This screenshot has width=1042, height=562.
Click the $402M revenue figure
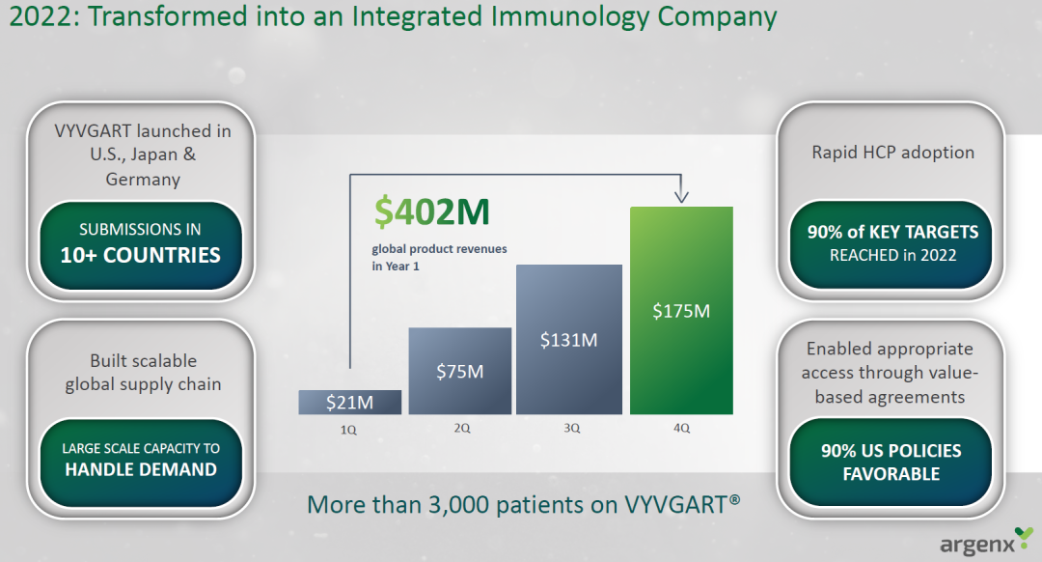432,211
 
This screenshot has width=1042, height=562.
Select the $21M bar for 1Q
349,403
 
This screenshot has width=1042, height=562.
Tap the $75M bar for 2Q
460,371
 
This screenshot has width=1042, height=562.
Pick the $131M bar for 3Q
569,340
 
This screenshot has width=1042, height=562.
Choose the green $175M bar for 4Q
681,311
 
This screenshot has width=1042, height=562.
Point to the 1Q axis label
348,430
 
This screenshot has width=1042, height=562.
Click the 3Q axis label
571,429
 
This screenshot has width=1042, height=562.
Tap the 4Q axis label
681,429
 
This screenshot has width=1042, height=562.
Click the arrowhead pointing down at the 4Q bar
681,195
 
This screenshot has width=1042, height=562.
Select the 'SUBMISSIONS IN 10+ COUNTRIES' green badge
140,244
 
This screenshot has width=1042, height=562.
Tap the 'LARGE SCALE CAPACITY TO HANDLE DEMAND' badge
140,462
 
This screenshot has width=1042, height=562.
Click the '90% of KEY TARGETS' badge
891,244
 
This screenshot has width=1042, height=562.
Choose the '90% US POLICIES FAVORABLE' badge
891,462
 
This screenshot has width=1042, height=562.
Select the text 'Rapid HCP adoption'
892,153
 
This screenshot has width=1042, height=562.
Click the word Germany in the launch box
143,180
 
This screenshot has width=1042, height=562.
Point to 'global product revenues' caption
439,249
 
